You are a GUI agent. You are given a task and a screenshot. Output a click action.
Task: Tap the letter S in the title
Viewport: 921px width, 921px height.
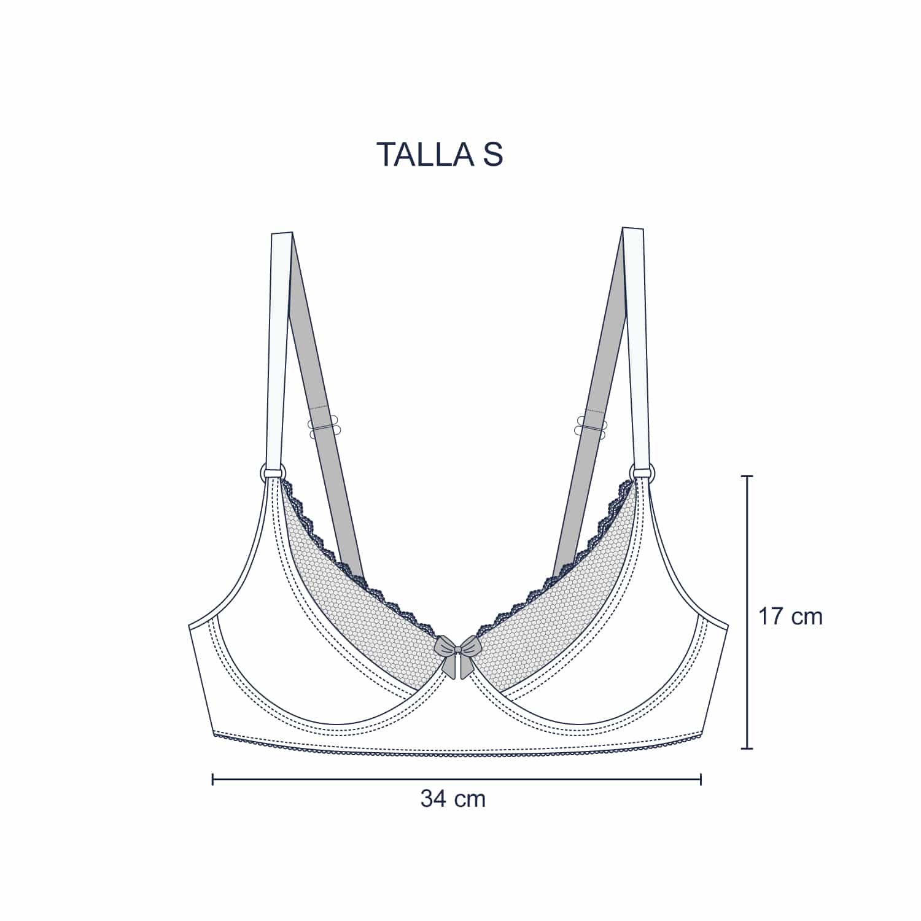[x=492, y=154]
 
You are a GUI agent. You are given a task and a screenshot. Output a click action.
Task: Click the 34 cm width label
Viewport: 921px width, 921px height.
[x=453, y=799]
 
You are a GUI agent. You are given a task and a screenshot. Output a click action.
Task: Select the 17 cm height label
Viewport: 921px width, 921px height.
[x=790, y=616]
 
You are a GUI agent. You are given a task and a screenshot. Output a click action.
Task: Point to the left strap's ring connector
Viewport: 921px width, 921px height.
[x=273, y=472]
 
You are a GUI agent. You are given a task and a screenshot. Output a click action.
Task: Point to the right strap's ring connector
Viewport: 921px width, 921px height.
[x=642, y=472]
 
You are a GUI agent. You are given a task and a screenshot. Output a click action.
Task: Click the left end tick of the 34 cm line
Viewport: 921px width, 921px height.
[x=212, y=780]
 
